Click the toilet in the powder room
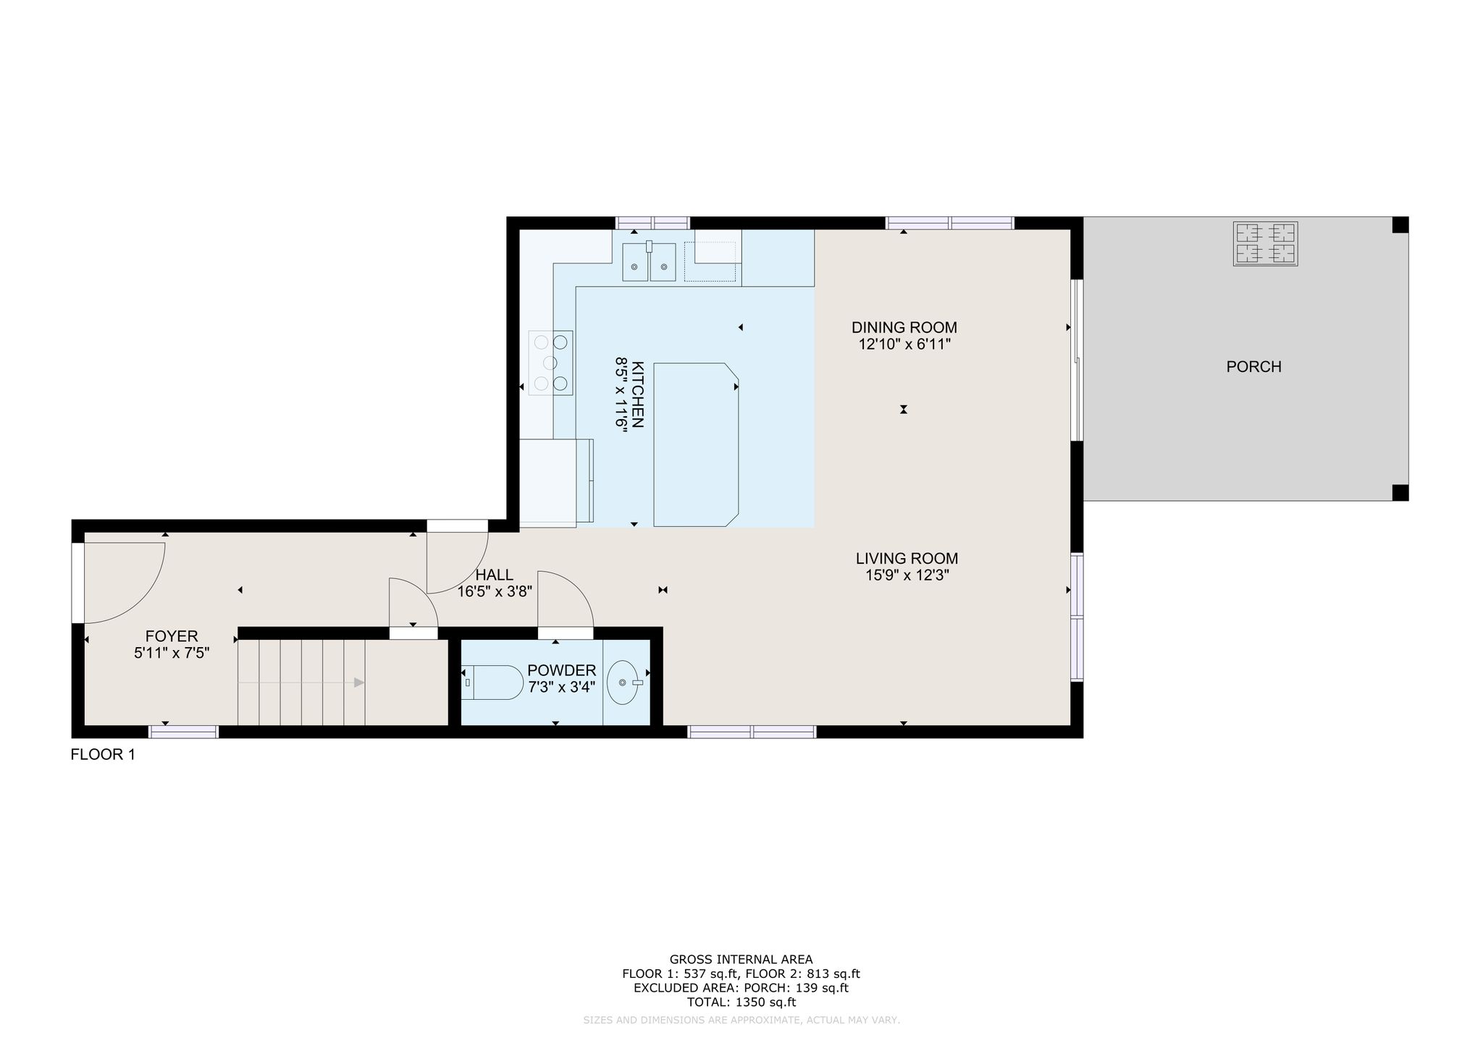click(492, 683)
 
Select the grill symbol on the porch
click(1266, 244)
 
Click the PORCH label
click(1253, 367)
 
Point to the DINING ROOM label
click(904, 327)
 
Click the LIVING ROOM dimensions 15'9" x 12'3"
click(907, 575)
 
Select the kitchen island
click(696, 444)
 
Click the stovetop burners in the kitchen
click(551, 363)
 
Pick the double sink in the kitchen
click(649, 261)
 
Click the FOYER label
click(172, 636)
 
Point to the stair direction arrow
click(301, 683)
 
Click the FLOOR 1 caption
click(103, 755)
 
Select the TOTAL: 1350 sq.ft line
click(741, 1002)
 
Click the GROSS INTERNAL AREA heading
click(741, 960)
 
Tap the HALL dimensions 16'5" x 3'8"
click(495, 591)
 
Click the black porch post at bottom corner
click(1400, 493)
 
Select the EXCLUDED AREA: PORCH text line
click(741, 988)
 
